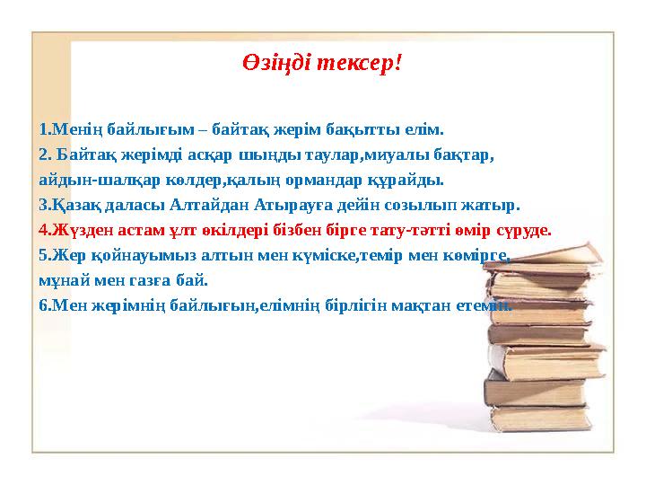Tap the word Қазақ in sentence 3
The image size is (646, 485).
pos(74,203)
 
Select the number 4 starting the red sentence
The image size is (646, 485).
pos(44,229)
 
